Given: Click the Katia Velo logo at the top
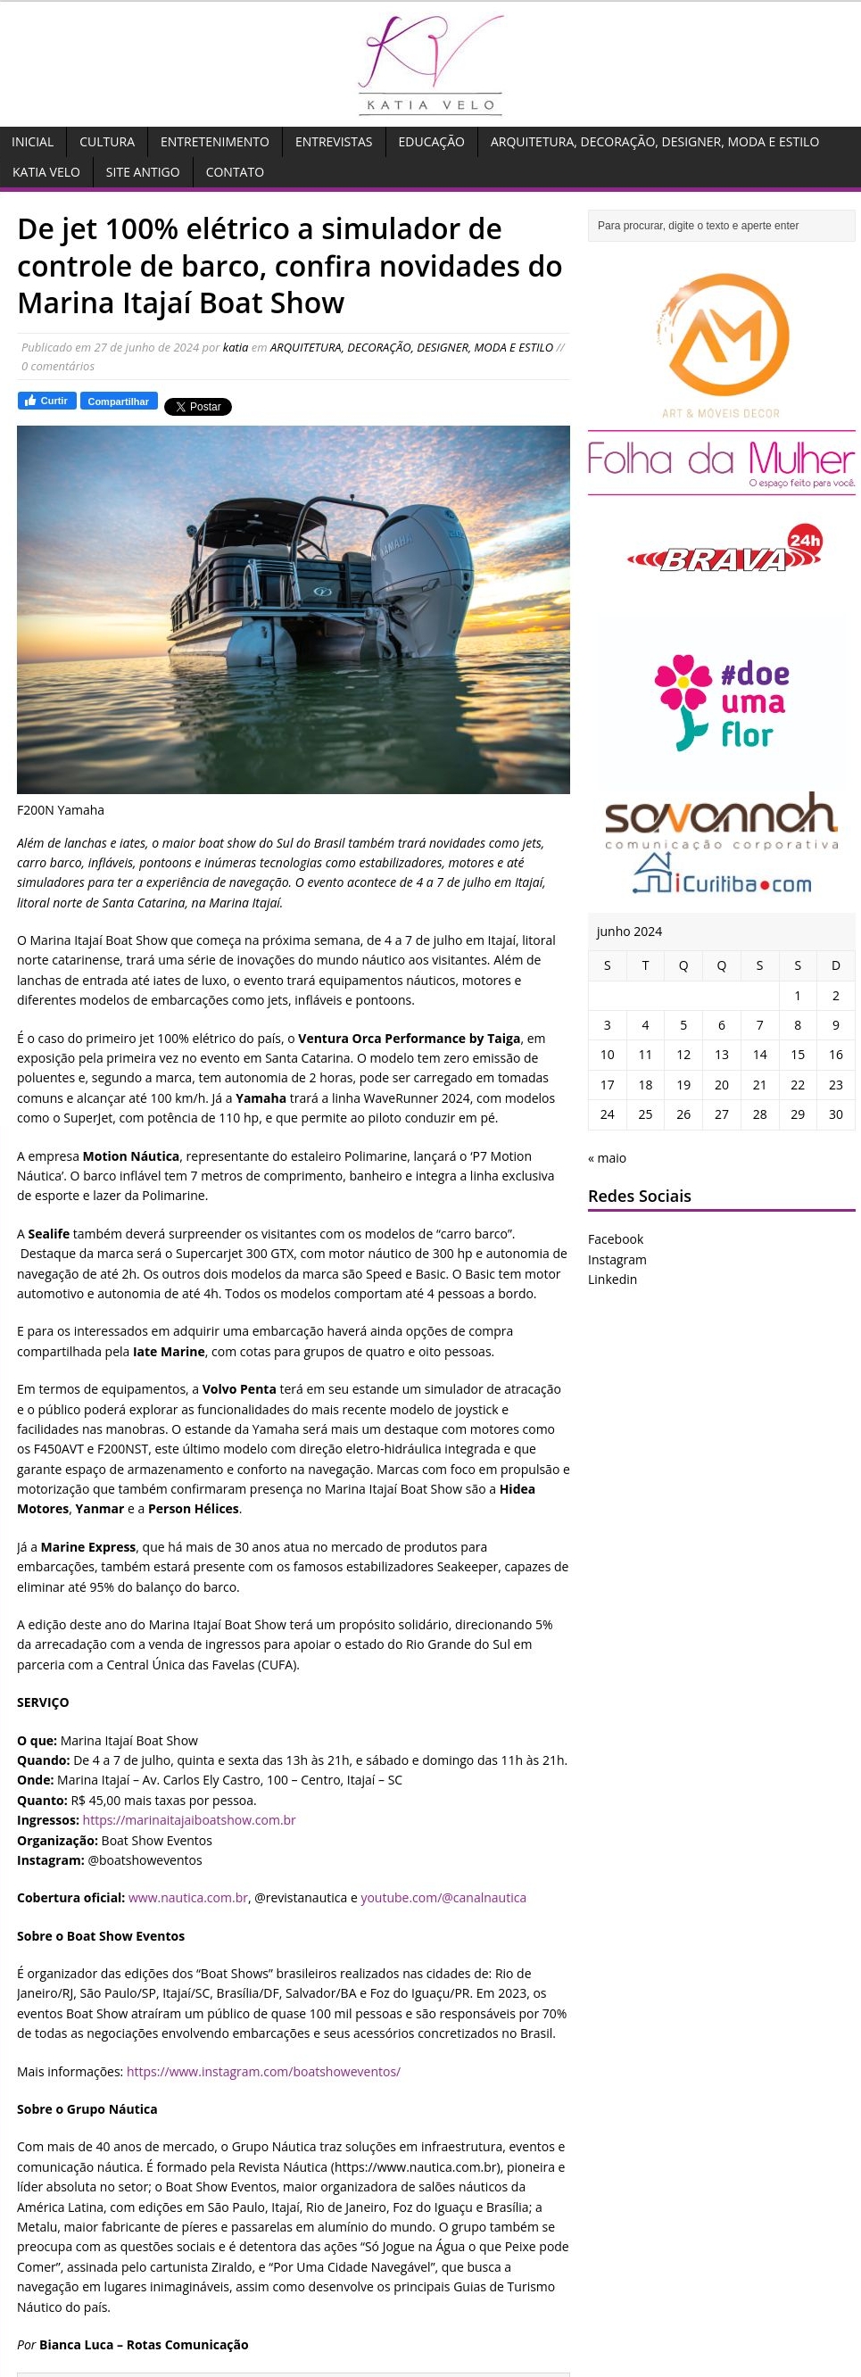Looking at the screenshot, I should (x=430, y=63).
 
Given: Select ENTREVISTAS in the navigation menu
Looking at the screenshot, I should (x=333, y=142).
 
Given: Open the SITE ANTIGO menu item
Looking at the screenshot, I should (x=142, y=172).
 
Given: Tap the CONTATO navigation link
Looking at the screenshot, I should (x=235, y=172).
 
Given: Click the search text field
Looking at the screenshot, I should (x=721, y=226).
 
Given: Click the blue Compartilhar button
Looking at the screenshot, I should (x=118, y=402).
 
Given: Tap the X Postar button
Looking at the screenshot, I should (x=197, y=407).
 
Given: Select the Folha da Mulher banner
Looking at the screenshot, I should (x=721, y=462).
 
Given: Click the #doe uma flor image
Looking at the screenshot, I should (x=721, y=702).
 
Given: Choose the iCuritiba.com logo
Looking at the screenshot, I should (x=723, y=876).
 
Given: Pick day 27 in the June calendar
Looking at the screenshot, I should (x=722, y=1114).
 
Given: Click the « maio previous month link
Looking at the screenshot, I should (x=608, y=1158).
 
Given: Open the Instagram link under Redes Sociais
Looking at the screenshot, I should (x=617, y=1260).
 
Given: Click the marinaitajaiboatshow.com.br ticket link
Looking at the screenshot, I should (x=189, y=1819).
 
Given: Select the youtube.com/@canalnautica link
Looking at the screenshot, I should (x=443, y=1897).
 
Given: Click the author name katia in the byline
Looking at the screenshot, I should (x=236, y=348).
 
